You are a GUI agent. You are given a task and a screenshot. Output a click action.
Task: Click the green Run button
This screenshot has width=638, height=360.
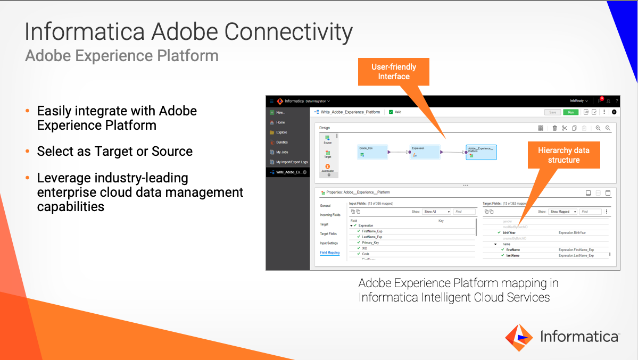[x=570, y=112]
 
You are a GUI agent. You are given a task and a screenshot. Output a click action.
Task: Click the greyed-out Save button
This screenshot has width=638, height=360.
[x=552, y=112]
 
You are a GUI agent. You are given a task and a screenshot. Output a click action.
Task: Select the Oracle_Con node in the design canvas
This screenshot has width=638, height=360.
[x=372, y=152]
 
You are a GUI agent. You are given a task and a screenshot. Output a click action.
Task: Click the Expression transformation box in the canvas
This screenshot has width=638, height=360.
[x=425, y=152]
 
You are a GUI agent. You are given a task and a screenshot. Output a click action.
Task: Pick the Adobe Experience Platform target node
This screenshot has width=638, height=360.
[x=481, y=152]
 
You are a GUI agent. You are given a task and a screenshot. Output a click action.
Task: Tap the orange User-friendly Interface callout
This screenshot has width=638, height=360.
[x=394, y=72]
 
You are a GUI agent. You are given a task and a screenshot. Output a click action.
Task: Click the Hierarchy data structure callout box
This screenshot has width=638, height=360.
[x=564, y=155]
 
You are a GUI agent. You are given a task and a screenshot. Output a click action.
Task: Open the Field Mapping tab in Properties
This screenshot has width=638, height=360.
[x=329, y=253]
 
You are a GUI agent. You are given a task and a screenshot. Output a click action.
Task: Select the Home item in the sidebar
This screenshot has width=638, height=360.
[x=281, y=122]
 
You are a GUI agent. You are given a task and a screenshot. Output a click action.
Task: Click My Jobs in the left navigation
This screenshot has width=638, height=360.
[x=281, y=152]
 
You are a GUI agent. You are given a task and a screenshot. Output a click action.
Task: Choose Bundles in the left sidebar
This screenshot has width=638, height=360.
[x=281, y=142]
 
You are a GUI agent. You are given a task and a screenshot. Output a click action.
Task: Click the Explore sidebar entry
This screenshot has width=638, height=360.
[x=281, y=132]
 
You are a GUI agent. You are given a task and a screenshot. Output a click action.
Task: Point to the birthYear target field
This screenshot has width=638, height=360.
[x=509, y=232]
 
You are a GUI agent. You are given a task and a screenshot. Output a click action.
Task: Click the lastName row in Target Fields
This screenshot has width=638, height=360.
[x=512, y=255]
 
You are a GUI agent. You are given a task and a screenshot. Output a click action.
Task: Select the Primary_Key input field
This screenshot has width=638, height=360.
[x=370, y=242]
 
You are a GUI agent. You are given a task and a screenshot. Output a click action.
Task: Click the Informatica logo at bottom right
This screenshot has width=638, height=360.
[x=562, y=337]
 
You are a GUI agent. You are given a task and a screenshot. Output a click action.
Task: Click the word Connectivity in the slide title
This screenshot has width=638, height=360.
[x=288, y=32]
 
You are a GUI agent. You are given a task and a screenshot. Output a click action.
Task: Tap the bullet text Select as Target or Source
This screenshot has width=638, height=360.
[x=114, y=151]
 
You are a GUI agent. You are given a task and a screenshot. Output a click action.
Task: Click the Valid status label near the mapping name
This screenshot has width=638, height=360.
[x=397, y=112]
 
